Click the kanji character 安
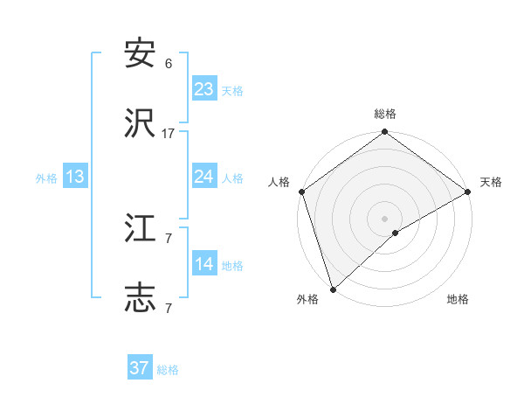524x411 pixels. pos(141,54)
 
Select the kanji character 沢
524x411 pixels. pos(141,124)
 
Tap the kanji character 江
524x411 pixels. pos(141,228)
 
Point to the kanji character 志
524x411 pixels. pos(141,299)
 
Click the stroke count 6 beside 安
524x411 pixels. pos(169,64)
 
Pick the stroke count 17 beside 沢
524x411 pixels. pos(169,134)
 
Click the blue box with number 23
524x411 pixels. pos(204,89)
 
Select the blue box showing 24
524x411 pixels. pos(204,177)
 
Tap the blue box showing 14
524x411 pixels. pos(204,264)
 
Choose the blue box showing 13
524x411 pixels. pos(75,177)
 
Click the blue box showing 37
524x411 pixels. pos(140,368)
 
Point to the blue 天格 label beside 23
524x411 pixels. pos(232,91)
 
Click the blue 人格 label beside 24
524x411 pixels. pos(232,178)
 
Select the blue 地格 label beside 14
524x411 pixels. pos(232,266)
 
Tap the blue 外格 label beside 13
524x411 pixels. pos(46,178)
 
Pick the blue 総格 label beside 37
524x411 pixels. pos(168,370)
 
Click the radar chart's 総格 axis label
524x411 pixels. pos(385,114)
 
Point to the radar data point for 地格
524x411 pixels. pos(396,233)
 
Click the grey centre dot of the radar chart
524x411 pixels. pos(385,218)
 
